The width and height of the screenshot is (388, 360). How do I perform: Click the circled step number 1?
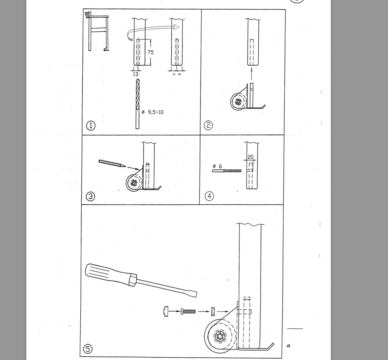click(x=91, y=126)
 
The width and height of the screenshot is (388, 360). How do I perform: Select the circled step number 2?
click(x=208, y=125)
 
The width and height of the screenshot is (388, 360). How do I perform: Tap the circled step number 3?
click(x=90, y=196)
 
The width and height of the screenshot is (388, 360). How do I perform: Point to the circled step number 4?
click(x=209, y=196)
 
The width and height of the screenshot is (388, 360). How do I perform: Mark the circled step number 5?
click(x=87, y=349)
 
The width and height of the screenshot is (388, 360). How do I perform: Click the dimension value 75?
click(x=151, y=52)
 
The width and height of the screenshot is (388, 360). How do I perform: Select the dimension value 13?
click(x=136, y=74)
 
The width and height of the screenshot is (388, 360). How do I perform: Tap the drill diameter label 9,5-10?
click(x=155, y=112)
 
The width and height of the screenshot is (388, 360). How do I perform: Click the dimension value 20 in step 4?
click(x=251, y=157)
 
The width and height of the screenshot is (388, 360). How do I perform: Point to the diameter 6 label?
click(x=218, y=166)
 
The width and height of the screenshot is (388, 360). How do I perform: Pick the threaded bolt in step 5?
click(x=188, y=312)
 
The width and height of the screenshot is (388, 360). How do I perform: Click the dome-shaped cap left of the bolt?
click(x=166, y=312)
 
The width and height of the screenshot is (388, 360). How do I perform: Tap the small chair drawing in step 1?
click(x=97, y=31)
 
